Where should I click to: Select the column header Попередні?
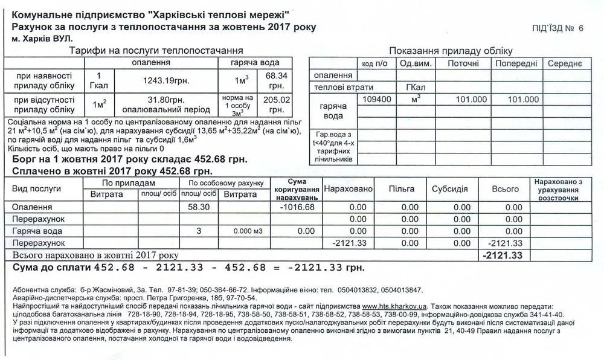click(x=515, y=63)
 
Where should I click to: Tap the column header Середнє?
click(x=565, y=63)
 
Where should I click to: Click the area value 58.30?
click(x=198, y=207)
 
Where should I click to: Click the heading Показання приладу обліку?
click(x=451, y=51)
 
